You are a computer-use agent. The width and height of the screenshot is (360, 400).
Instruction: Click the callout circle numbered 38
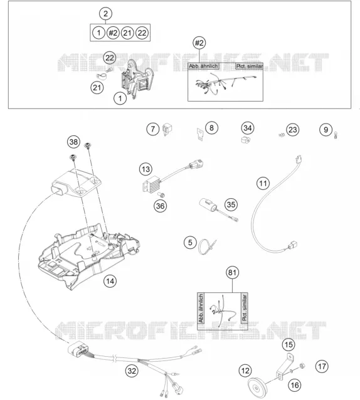pos(73,142)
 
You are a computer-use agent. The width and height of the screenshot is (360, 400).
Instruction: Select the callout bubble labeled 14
pos(110,281)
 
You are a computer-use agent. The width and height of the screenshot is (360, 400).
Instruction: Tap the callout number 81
pos(232,273)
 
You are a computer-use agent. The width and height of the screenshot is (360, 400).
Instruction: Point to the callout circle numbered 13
pos(146,169)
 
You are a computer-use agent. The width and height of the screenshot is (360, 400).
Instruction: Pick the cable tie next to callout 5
pos(207,246)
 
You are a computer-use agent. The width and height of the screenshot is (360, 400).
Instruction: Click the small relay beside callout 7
pos(167,129)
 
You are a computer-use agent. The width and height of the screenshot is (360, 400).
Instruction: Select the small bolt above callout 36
pos(162,195)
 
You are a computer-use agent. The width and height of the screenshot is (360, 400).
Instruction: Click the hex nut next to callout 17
pos(302,366)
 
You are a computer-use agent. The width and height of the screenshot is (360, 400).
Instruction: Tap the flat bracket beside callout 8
pos(200,134)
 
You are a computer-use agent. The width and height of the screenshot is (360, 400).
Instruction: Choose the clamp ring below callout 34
pos(246,140)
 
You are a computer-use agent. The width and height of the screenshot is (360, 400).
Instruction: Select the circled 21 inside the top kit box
pos(127,33)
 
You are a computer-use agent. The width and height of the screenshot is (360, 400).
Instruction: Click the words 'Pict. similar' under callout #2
pos(249,66)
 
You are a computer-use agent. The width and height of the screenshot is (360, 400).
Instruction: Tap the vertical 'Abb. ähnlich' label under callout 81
pos(201,308)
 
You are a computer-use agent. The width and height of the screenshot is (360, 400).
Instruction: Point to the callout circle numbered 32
pos(132,371)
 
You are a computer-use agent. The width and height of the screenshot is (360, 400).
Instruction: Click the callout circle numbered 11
pos(263,183)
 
